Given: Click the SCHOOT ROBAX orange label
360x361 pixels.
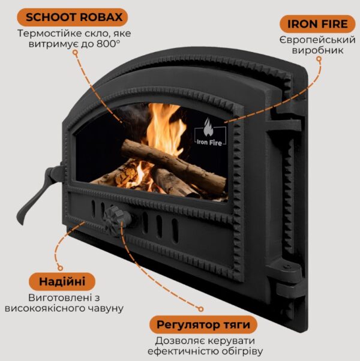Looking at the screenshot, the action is (73, 17).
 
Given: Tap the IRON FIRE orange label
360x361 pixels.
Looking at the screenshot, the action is (317, 24).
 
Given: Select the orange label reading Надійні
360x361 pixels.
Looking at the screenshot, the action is (62, 282).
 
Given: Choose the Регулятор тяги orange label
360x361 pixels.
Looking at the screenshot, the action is (203, 324).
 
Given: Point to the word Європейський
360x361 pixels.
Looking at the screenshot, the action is (317, 40).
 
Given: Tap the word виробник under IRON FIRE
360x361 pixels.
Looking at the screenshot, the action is (317, 50).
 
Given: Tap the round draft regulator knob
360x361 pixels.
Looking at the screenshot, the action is (116, 219).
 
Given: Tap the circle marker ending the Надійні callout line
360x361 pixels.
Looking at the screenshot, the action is (61, 268).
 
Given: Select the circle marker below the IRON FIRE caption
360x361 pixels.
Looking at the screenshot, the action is (319, 59).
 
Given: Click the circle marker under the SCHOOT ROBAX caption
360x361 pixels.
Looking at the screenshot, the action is (75, 53).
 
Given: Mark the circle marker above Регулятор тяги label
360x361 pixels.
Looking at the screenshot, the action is (201, 309).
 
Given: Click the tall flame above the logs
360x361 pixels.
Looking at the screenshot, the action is (164, 127).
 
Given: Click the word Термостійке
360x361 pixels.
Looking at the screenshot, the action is (50, 34).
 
